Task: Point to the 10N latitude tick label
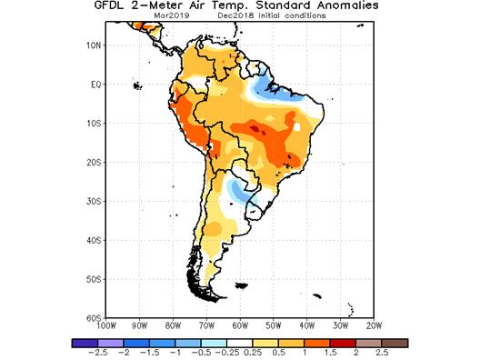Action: [x=93, y=45]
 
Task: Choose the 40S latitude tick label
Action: [x=93, y=240]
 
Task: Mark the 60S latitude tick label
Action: [x=93, y=317]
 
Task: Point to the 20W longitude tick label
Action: [x=374, y=325]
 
